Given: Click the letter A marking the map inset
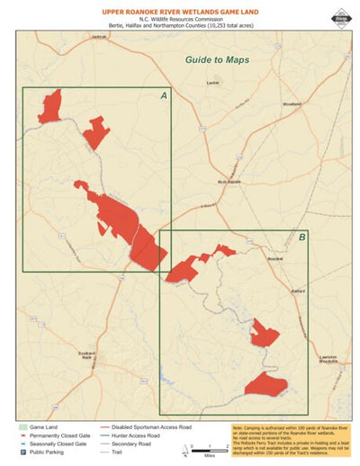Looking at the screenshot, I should click(x=164, y=95).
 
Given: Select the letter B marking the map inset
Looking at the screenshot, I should click(x=301, y=237).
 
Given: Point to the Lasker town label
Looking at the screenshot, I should click(x=212, y=83).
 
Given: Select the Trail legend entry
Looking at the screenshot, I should click(x=128, y=453).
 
